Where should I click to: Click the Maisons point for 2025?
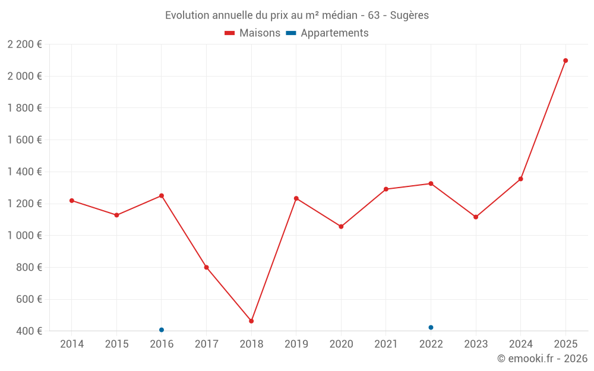[565, 61]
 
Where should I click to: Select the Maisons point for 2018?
[251, 321]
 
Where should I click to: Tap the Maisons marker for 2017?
[206, 267]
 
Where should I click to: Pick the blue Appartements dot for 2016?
[162, 330]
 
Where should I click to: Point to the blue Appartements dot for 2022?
[431, 328]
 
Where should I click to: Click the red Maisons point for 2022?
[431, 183]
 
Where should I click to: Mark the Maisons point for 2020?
[341, 227]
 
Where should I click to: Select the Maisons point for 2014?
[72, 201]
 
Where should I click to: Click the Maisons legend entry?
[252, 33]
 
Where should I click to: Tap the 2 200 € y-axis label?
[24, 45]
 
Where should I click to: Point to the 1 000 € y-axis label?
[24, 236]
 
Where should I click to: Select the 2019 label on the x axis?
[296, 344]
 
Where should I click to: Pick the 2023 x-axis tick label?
[476, 344]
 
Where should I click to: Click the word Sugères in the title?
[409, 15]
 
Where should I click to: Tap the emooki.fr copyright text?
[542, 359]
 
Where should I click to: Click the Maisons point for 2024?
[521, 179]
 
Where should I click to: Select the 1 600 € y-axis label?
[24, 140]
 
